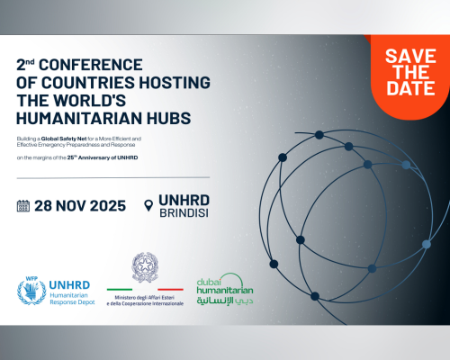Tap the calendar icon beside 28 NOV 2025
23,205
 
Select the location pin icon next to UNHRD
149,206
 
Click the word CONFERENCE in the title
91,66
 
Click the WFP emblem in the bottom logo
31,292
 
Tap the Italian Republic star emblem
145,268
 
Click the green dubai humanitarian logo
225,287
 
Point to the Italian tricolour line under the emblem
145,290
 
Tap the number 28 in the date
45,205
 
